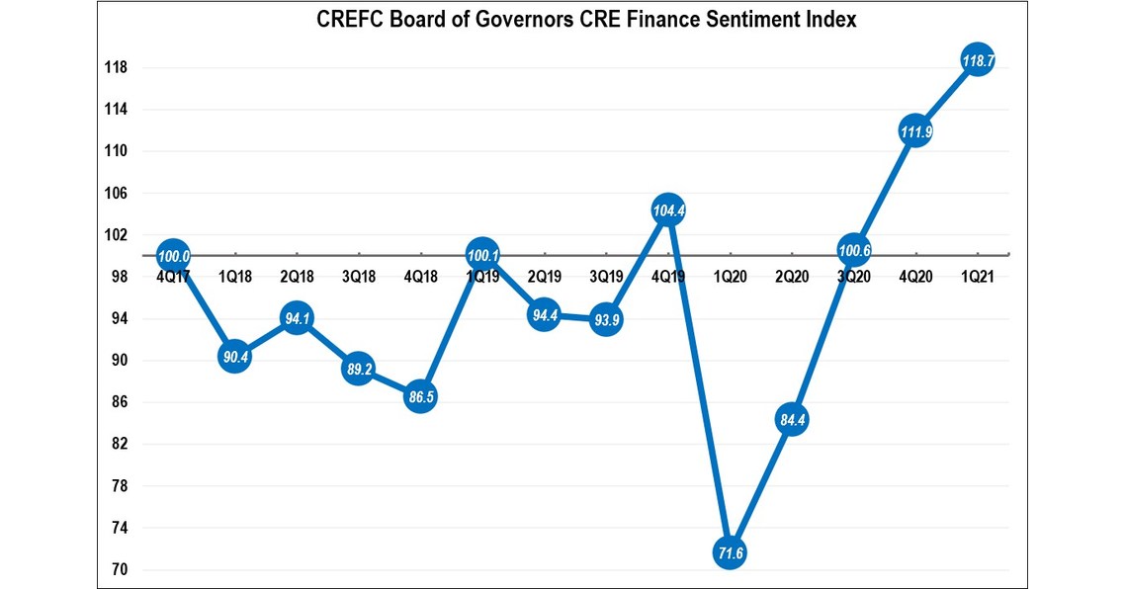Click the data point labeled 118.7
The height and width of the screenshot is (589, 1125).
coord(978,62)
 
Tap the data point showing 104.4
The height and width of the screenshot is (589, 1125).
coord(668,210)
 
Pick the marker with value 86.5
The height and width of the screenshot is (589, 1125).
coord(420,397)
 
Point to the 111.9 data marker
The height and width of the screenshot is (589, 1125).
coord(915,131)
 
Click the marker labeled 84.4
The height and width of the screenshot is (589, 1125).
coord(792,420)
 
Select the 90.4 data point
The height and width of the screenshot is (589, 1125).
coord(235,357)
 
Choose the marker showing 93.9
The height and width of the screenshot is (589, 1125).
coord(605,319)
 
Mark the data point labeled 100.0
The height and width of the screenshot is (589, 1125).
coord(173,256)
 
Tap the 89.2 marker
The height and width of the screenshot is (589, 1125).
coord(359,369)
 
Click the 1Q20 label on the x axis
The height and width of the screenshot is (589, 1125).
coord(730,278)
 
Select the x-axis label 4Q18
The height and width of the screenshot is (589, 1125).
coord(420,278)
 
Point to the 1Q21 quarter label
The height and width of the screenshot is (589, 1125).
coord(978,278)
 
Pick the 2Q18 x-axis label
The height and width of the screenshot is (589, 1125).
coord(297,278)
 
